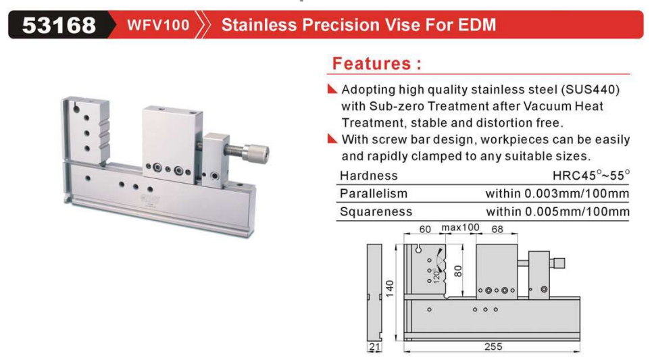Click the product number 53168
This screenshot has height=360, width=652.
[59, 25]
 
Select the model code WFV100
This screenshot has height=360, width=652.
[158, 25]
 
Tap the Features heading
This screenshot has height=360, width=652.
[377, 63]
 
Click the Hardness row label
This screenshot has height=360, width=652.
[369, 176]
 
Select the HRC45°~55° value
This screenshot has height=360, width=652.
[591, 175]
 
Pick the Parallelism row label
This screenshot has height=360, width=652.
[374, 193]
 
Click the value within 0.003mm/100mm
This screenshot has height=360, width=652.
[557, 193]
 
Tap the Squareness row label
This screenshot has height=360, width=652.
[376, 211]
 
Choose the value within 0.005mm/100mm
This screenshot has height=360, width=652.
[557, 211]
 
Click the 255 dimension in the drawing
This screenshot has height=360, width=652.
[493, 346]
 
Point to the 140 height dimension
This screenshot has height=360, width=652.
[390, 288]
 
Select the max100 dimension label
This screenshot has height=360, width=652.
[460, 228]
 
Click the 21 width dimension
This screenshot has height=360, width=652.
[374, 346]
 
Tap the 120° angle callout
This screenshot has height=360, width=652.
[436, 275]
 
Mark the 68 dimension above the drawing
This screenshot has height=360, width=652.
[497, 229]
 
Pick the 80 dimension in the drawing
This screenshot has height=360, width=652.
[458, 271]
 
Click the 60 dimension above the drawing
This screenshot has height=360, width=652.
[425, 229]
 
